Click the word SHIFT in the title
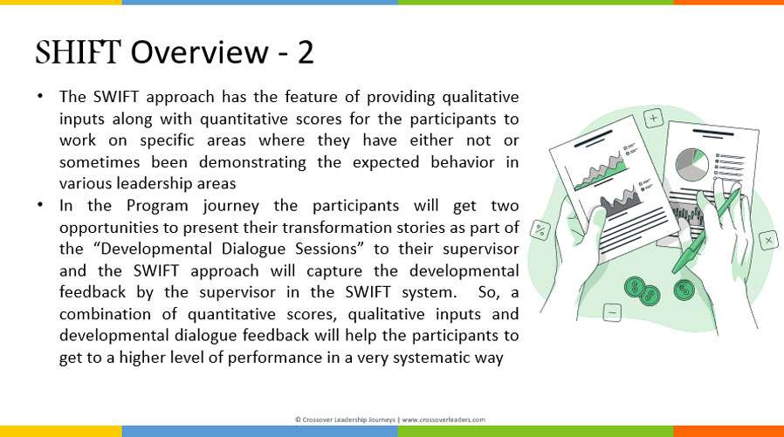78,52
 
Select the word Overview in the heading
200,52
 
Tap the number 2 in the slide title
306,52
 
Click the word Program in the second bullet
157,206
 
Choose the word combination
105,314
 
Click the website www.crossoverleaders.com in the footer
444,420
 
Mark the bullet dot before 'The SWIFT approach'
40,95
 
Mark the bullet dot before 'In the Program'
40,204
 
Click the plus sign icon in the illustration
653,119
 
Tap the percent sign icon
540,230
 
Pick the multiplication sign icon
768,240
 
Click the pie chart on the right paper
692,164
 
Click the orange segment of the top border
728,3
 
